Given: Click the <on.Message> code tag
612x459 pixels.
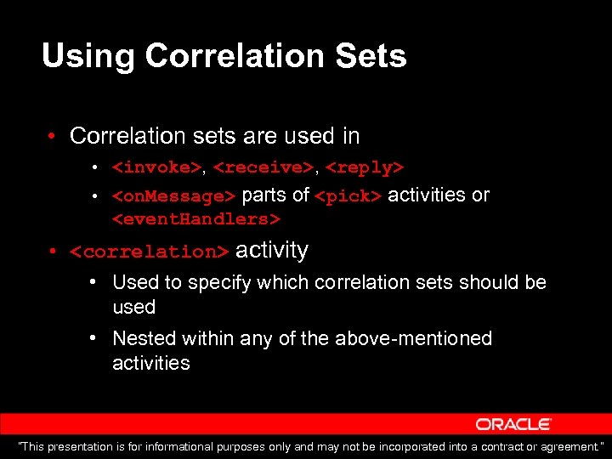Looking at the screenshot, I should pos(174,196).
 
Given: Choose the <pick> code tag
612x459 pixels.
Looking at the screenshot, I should pos(348,196).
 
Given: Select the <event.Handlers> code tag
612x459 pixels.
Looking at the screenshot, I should pos(196,219).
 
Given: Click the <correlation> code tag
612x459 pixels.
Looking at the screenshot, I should pos(150,252).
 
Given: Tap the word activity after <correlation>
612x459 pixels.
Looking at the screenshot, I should pos(272,250).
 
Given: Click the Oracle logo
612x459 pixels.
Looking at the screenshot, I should pos(514,424).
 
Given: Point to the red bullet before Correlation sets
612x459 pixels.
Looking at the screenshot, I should pos(53,137).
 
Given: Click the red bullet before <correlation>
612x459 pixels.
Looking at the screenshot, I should pos(53,252).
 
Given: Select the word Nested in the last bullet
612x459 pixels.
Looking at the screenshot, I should pos(143,338).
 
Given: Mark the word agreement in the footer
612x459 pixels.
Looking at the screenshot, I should pos(569,447).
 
